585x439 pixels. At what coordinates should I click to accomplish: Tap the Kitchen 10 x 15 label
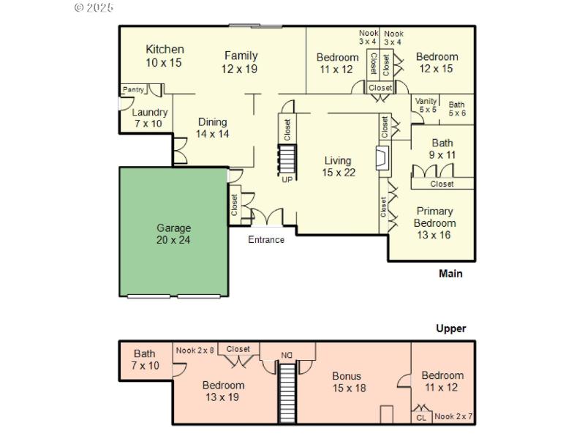165,56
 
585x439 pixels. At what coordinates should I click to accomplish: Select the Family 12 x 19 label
241,61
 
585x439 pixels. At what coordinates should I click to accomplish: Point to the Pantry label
134,89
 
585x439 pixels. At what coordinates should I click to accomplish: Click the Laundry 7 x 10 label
150,118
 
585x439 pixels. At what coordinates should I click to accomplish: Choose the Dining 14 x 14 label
212,128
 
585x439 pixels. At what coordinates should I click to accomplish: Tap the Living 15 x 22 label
338,167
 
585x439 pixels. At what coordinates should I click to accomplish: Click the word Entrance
266,240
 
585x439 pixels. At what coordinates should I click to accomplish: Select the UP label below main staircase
287,179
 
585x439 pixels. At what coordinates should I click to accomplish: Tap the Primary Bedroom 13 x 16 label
434,222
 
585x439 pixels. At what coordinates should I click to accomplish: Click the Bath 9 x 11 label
442,149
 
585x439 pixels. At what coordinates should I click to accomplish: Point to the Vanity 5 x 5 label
426,105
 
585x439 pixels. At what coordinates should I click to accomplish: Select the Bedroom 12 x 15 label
437,62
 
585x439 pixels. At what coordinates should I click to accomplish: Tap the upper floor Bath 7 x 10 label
145,359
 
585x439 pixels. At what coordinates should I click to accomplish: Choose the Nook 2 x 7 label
453,417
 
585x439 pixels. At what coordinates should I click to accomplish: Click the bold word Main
450,274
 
